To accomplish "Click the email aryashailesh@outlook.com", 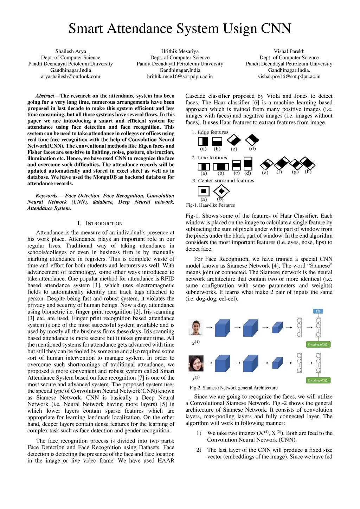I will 71,76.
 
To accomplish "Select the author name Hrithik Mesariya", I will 180,51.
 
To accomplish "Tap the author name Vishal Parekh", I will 289,51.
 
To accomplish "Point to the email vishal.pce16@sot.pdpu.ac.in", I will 289,76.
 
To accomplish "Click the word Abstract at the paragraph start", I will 45,96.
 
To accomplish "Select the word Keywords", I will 46,196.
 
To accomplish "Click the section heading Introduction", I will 104,224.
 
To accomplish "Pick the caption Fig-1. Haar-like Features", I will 210,205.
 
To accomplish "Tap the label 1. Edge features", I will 210,132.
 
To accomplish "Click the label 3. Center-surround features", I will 223,181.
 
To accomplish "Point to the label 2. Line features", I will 210,158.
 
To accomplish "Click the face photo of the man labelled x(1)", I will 196,328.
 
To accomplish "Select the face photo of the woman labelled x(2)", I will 196,363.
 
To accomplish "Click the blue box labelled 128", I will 318,311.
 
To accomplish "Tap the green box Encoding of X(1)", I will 318,344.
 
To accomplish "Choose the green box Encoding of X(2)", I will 318,380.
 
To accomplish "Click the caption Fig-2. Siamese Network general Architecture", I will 233,388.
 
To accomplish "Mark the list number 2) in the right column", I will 199,450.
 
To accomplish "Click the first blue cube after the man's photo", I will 222,328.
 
